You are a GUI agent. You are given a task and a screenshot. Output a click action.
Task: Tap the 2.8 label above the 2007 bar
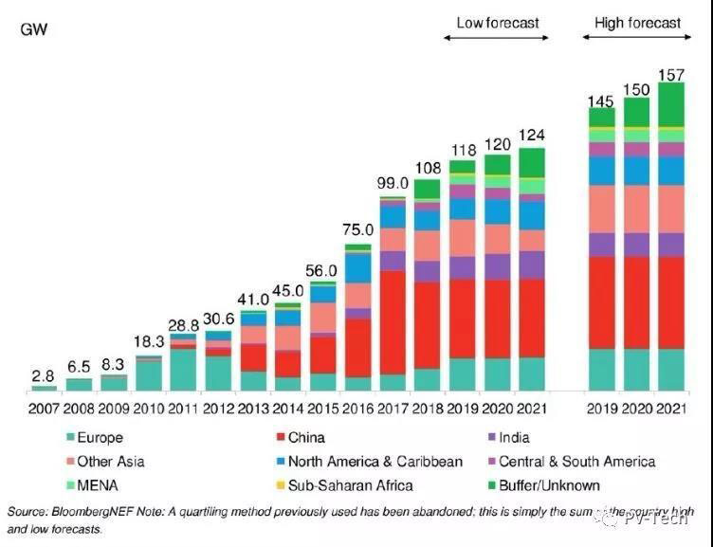pyautogui.click(x=44, y=374)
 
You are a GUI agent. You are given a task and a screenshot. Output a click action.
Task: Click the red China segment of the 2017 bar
pyautogui.click(x=393, y=322)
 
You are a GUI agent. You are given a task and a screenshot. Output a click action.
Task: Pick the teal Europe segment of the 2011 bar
pyautogui.click(x=183, y=370)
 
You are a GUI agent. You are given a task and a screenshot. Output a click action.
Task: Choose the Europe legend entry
pyautogui.click(x=101, y=437)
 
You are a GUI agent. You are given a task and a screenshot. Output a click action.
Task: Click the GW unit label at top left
pyautogui.click(x=33, y=29)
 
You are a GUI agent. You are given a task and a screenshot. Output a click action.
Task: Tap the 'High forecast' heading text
pyautogui.click(x=637, y=23)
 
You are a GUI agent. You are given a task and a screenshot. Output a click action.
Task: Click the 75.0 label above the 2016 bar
pyautogui.click(x=357, y=230)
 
